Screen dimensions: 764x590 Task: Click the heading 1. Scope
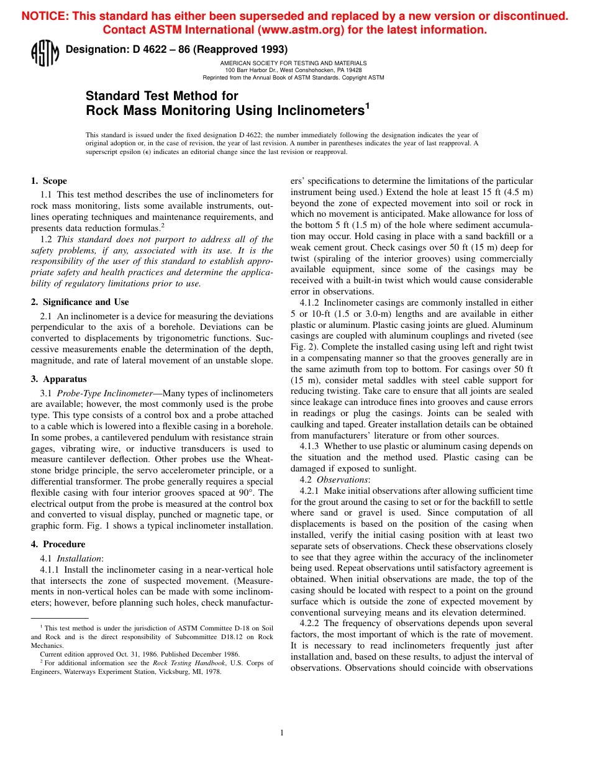click(49, 181)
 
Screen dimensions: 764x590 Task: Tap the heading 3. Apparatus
click(59, 379)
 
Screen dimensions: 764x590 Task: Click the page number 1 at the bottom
click(282, 733)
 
